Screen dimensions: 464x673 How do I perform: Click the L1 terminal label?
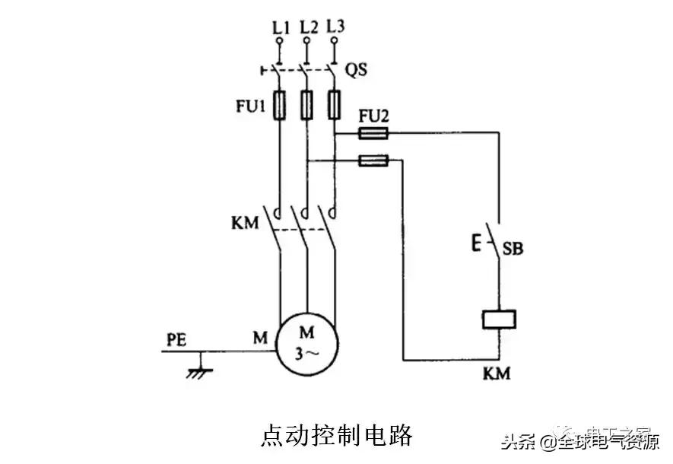281,28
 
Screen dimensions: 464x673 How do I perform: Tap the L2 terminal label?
308,28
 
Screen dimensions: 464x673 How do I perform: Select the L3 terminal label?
335,27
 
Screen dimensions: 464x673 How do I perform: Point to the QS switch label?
357,70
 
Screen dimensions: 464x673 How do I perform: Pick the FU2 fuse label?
373,116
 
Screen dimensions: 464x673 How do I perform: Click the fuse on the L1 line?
281,105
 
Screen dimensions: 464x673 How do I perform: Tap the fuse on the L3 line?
333,105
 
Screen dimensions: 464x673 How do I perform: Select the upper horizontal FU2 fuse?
373,134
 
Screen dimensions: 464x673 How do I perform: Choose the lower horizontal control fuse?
373,160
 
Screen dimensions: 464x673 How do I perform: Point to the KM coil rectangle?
499,320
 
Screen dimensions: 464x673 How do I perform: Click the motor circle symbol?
306,344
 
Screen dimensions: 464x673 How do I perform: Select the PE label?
176,337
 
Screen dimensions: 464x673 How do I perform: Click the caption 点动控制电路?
337,435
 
